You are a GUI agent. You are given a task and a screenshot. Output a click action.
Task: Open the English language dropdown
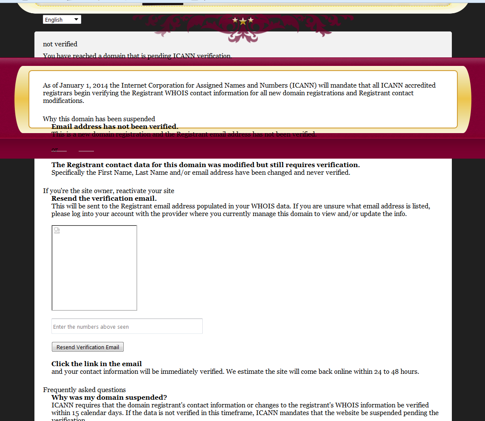pyautogui.click(x=62, y=20)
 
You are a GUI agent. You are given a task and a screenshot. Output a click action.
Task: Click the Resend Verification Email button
pyautogui.click(x=88, y=347)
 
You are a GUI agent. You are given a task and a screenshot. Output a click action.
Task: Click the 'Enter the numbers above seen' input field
pyautogui.click(x=127, y=327)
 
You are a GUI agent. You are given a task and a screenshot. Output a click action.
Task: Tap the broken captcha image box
pyautogui.click(x=94, y=268)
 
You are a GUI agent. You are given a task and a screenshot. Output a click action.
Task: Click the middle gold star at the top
pyautogui.click(x=243, y=21)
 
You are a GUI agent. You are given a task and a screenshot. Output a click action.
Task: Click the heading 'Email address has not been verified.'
pyautogui.click(x=115, y=126)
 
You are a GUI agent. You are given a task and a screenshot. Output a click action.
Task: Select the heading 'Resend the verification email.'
pyautogui.click(x=104, y=198)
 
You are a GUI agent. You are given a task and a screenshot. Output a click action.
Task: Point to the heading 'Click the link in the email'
pyautogui.click(x=96, y=364)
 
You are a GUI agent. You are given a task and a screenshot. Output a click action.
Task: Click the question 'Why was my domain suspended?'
pyautogui.click(x=109, y=398)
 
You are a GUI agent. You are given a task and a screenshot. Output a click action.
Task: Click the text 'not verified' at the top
pyautogui.click(x=60, y=44)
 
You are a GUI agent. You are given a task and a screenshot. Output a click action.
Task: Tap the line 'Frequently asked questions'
pyautogui.click(x=84, y=390)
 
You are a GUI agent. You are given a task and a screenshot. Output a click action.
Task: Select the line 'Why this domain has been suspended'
pyautogui.click(x=99, y=119)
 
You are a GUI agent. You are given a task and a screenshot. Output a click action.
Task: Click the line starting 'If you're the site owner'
pyautogui.click(x=108, y=191)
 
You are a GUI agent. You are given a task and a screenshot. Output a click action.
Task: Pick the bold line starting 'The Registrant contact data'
pyautogui.click(x=205, y=165)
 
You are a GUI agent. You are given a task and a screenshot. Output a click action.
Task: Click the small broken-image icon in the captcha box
pyautogui.click(x=57, y=231)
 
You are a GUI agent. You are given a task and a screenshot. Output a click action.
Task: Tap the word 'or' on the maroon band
pyautogui.click(x=54, y=150)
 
